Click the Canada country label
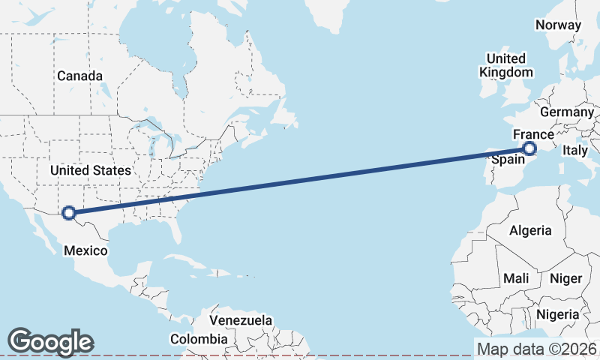pos(79,76)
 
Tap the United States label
pos(90,171)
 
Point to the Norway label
pos(558,25)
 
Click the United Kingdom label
pos(506,65)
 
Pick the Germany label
pos(566,112)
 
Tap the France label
pos(532,134)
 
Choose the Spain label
pos(507,160)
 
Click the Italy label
pos(575,151)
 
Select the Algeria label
pos(530,230)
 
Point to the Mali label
pos(516,278)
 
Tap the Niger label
pos(566,278)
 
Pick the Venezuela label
pos(241,320)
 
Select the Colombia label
pos(198,339)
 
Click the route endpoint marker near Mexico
pos(69,213)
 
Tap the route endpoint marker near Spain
pos(529,148)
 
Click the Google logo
pos(50,342)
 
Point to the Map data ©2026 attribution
pos(537,349)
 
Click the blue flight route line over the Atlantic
pos(300,181)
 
